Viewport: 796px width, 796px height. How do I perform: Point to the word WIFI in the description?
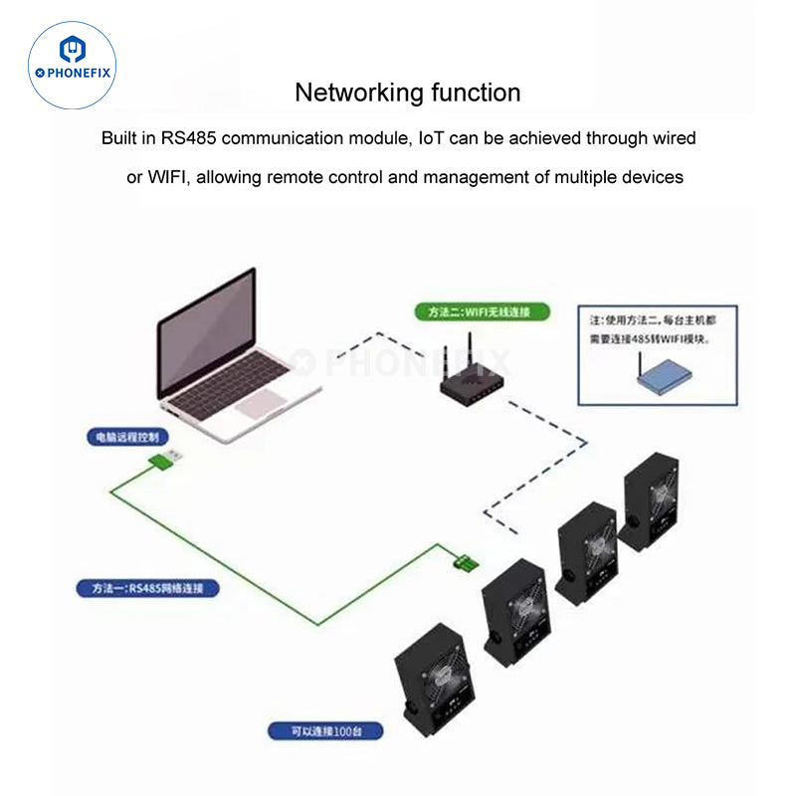[170, 177]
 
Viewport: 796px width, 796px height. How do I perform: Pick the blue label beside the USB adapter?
[126, 437]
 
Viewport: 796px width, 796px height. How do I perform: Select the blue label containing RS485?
[148, 588]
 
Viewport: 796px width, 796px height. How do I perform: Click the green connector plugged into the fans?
[465, 562]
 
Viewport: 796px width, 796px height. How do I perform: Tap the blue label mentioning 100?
[325, 731]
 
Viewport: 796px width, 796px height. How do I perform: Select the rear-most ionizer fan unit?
[651, 497]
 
